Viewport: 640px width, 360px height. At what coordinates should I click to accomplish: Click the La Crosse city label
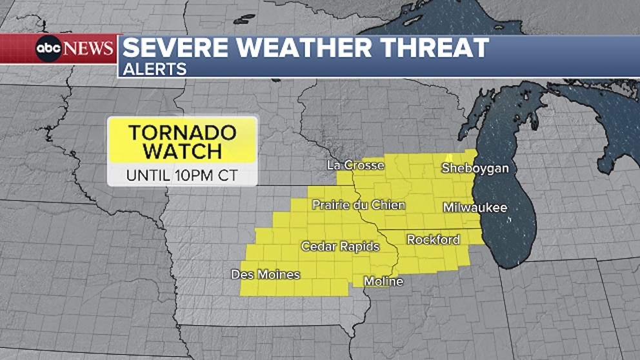[355, 166]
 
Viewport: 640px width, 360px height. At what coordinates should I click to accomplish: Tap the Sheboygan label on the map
[475, 168]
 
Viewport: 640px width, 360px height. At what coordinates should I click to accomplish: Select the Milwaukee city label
[475, 208]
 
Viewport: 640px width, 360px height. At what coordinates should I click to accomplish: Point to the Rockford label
[433, 240]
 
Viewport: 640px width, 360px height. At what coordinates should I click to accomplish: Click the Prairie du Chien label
[359, 205]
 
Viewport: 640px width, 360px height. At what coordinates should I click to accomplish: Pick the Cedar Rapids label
[340, 246]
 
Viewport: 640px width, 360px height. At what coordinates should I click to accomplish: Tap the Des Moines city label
[265, 275]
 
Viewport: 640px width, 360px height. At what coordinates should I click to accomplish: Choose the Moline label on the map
[383, 281]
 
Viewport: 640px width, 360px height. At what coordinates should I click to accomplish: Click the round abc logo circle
[48, 48]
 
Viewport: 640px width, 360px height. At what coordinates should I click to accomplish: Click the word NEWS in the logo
[89, 48]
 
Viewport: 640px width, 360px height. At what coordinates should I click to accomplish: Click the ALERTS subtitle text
[154, 69]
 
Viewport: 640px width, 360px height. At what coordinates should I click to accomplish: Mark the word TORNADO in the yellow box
[183, 132]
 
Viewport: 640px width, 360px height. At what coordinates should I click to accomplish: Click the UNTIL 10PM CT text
[182, 174]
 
